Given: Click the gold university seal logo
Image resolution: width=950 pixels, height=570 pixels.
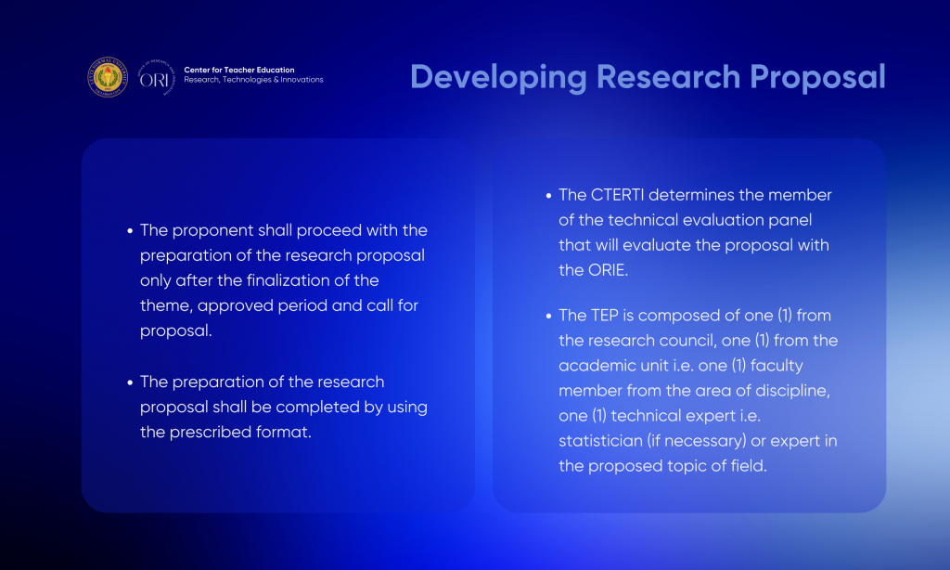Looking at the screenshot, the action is [x=108, y=77].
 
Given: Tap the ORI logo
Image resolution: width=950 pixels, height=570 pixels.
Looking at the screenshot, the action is [x=156, y=78].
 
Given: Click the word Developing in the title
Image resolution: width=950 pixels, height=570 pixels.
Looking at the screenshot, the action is [x=498, y=78].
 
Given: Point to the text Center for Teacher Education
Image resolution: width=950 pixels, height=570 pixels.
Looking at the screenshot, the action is [x=239, y=70].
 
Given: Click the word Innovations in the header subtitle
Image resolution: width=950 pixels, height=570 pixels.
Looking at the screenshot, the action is [x=302, y=80].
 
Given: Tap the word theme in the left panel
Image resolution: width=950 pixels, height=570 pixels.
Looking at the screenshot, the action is [x=166, y=305].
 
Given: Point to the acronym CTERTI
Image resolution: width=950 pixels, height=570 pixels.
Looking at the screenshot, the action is [x=617, y=195].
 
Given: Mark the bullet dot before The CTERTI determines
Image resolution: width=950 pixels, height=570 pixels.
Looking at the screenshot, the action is [x=548, y=196].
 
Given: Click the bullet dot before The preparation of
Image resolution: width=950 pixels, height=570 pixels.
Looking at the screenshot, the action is [x=130, y=382].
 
